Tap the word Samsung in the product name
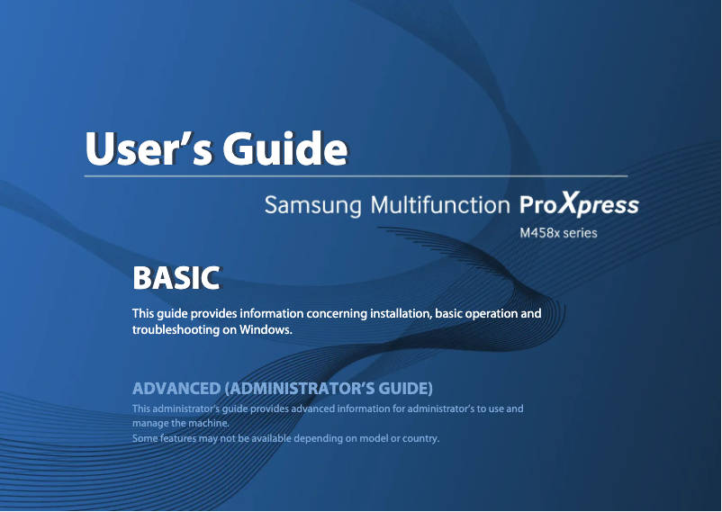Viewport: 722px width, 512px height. (312, 206)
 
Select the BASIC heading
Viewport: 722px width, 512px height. (176, 278)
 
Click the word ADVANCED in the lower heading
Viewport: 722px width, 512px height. (176, 389)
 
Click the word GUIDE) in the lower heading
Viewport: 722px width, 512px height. (404, 389)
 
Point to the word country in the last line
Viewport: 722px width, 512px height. (419, 438)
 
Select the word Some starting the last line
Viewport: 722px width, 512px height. (145, 438)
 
